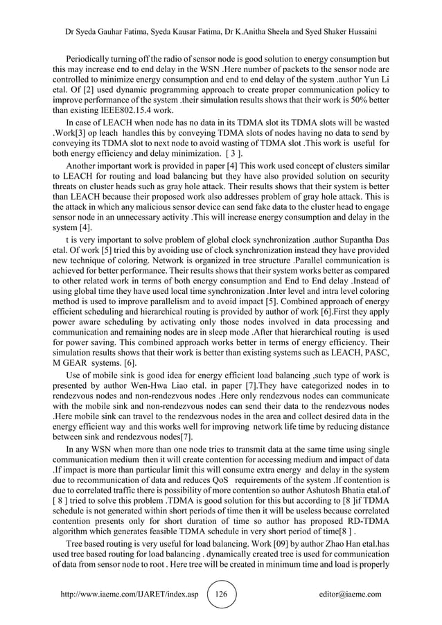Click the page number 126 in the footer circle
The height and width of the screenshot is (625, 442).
click(222, 594)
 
